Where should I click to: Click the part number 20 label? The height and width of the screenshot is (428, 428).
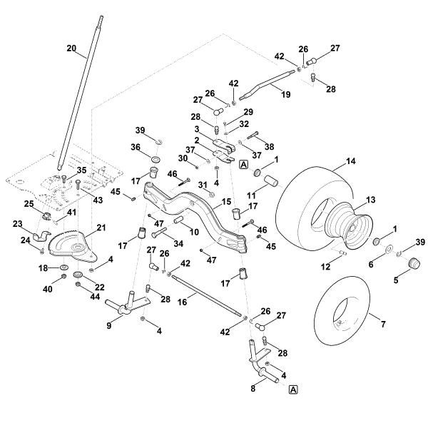click(71, 48)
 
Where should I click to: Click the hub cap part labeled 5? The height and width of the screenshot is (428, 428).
click(411, 265)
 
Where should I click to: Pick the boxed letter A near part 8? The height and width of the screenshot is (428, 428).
click(293, 389)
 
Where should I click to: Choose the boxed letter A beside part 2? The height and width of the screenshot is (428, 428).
click(244, 164)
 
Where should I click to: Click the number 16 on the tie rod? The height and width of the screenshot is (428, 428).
click(182, 302)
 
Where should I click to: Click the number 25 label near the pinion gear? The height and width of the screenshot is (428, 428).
click(30, 204)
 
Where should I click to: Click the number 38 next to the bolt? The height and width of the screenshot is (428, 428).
click(270, 146)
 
